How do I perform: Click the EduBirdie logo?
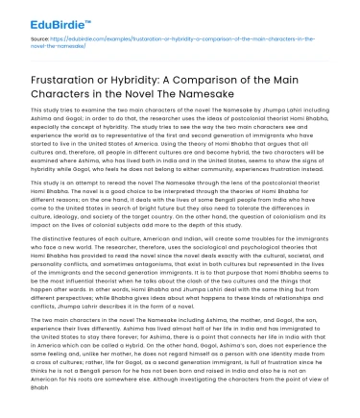pyautogui.click(x=44, y=17)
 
